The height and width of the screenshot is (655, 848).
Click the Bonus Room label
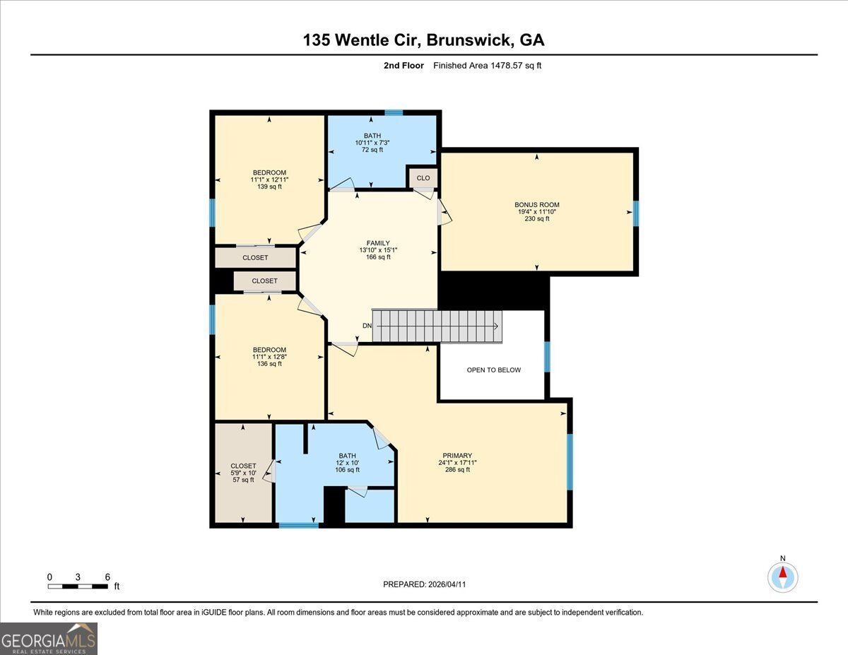(x=536, y=205)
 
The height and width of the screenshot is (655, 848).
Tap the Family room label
(x=378, y=243)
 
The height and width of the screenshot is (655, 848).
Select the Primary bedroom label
(x=457, y=456)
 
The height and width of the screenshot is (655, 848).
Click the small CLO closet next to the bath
(x=423, y=178)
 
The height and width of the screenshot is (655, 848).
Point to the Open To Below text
(x=494, y=370)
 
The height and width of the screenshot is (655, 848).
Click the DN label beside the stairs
(x=367, y=325)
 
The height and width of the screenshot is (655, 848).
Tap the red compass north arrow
(x=783, y=572)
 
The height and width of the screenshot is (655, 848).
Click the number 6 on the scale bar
(x=107, y=577)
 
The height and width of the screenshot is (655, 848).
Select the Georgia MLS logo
(x=48, y=639)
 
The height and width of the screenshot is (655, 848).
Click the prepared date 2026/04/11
(x=447, y=584)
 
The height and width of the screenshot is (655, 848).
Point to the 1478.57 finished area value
(x=506, y=66)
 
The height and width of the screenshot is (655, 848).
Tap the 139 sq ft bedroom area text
(x=269, y=187)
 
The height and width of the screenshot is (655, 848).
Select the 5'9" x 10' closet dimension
(x=243, y=473)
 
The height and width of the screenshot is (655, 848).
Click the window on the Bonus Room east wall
(x=636, y=213)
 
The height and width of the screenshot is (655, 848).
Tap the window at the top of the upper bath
(x=394, y=113)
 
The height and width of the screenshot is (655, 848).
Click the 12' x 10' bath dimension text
(x=347, y=463)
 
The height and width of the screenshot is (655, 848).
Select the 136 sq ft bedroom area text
(x=269, y=364)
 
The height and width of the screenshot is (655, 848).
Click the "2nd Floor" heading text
(x=404, y=66)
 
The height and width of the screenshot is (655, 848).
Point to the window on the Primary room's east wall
(x=570, y=461)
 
